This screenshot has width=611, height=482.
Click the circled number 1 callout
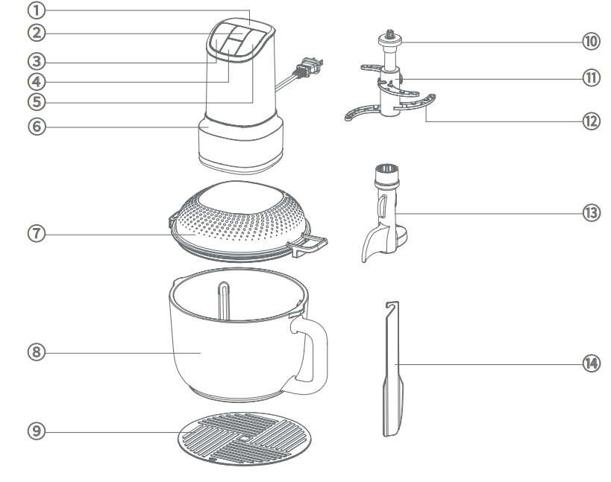37,10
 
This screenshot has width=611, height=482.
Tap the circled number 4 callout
37,82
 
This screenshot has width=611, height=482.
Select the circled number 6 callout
37,127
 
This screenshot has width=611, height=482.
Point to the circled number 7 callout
37,233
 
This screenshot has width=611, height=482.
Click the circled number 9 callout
37,431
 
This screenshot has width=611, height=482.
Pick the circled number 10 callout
591,41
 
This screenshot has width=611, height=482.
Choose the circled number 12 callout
591,121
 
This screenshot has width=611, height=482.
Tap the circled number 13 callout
591,213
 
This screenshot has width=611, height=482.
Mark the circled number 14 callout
591,364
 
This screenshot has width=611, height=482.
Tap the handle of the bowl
310,354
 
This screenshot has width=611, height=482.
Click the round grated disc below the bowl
244,439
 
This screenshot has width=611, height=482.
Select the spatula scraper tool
392,369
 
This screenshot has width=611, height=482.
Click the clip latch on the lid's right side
308,245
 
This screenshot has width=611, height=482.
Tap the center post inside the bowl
224,300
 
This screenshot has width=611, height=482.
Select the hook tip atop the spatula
392,305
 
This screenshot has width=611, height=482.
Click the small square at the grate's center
244,439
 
